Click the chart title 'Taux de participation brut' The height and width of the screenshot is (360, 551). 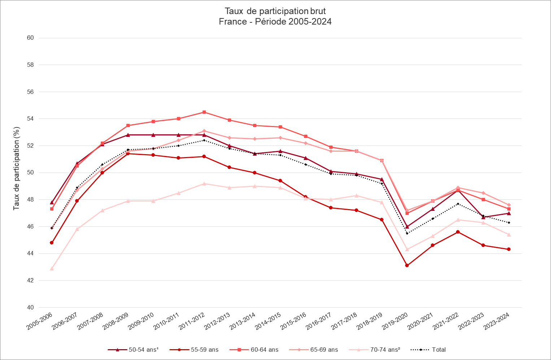(275, 11)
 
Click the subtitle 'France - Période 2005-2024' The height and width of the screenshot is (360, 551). (275, 22)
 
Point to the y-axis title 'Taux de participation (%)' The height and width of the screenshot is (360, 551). (16, 168)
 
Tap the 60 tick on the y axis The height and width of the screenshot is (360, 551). (30, 38)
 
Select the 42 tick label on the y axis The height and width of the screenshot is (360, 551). (30, 281)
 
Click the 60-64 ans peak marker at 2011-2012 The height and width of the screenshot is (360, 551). (204, 112)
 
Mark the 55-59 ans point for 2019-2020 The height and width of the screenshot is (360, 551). (407, 265)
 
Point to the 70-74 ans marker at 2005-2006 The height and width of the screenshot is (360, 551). (52, 269)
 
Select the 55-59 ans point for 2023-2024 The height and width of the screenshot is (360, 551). (509, 249)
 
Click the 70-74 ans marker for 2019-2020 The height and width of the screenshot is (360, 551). (407, 250)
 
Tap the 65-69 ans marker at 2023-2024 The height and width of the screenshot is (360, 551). (509, 205)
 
